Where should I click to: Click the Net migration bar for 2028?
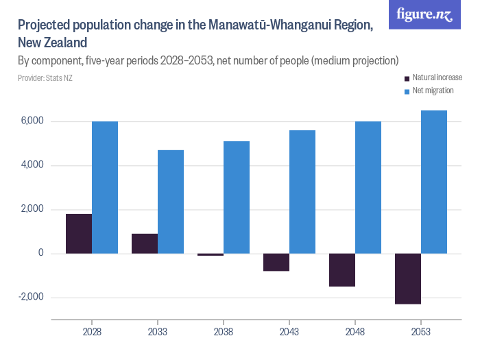105,187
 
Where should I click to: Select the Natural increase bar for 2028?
79,234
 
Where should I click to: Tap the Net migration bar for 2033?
171,202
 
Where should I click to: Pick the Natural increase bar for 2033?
145,243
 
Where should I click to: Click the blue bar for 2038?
237,197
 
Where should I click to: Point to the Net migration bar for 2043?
302,192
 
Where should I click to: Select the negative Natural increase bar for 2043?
276,262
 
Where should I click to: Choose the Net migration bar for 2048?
368,187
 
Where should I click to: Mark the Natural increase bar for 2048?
342,269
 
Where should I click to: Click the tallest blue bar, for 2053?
434,182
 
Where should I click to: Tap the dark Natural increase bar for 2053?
408,278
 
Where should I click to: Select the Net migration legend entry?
433,91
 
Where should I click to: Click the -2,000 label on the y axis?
31,298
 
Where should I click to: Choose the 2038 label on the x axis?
224,331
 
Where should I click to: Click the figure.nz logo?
424,14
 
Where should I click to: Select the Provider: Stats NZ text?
45,77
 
